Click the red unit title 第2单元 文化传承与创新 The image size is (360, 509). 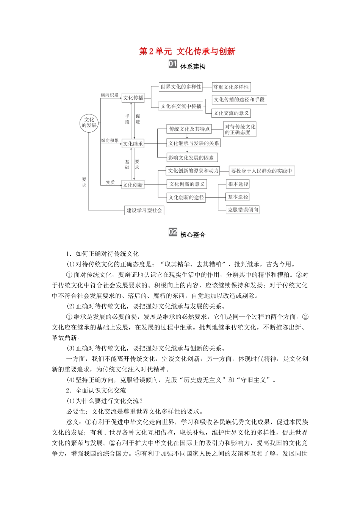(x=187, y=52)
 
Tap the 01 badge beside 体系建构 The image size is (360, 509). (x=173, y=64)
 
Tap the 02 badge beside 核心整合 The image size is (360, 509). (x=173, y=232)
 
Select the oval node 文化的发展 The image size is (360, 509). (x=89, y=122)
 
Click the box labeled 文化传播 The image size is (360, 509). (x=133, y=98)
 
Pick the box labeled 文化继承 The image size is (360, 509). (x=133, y=144)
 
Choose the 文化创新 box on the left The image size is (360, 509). (x=133, y=185)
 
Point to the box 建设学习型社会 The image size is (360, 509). (x=144, y=210)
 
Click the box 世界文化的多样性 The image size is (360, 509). (x=181, y=87)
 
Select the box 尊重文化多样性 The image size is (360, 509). (x=231, y=87)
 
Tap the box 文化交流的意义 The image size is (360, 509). (x=231, y=113)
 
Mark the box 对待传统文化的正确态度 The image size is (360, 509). (x=240, y=130)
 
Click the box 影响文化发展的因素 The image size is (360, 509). (x=192, y=158)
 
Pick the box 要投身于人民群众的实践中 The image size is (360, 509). (x=261, y=171)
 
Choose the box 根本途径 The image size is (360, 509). (x=238, y=184)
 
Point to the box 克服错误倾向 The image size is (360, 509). (x=243, y=209)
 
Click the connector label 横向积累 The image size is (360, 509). (x=110, y=95)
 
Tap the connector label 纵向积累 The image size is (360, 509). (x=110, y=141)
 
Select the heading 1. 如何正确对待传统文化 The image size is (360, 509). (x=102, y=254)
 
